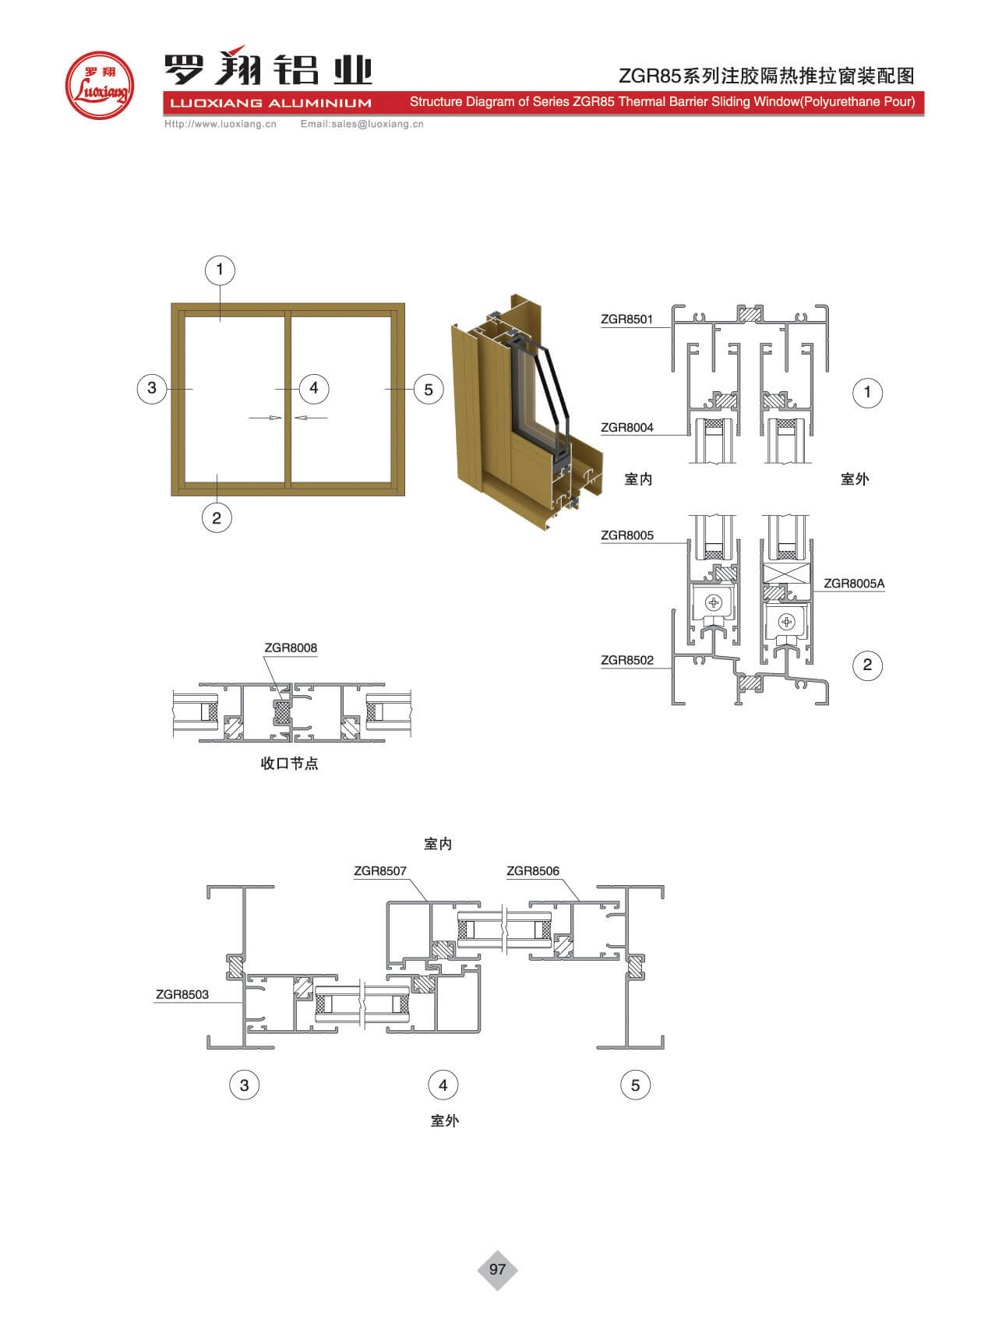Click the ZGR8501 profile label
tap(626, 319)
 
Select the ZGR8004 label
tap(626, 427)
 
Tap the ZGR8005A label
tap(854, 583)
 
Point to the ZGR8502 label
tap(626, 660)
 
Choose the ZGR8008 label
tap(291, 648)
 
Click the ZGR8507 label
tap(380, 870)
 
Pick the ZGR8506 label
tap(533, 870)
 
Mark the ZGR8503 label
tap(182, 994)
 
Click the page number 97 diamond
tap(497, 1269)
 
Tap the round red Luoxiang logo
tap(99, 85)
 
